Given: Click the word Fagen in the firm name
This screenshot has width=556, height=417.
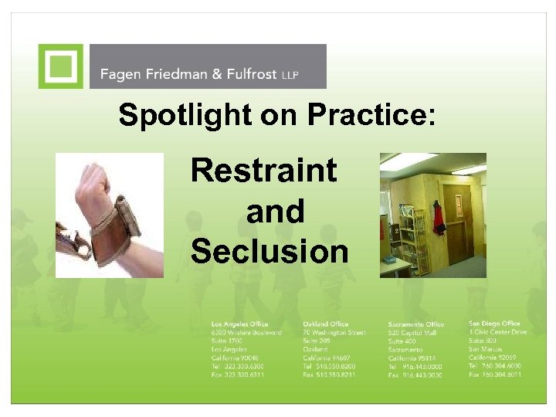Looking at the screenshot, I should click(x=120, y=76).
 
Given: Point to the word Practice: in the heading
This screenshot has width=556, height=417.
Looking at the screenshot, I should click(x=371, y=116).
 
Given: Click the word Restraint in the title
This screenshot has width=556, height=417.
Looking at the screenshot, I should click(x=263, y=170).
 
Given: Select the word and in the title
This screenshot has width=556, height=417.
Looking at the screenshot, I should click(x=275, y=211).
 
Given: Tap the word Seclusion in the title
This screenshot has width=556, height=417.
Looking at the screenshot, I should click(x=269, y=251).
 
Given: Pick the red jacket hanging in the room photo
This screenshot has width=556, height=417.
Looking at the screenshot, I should click(x=439, y=217).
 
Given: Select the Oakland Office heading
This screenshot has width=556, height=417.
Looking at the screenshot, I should click(x=326, y=324).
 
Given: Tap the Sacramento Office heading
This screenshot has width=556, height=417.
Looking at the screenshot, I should click(x=416, y=324).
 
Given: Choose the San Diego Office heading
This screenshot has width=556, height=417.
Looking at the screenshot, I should click(x=494, y=323).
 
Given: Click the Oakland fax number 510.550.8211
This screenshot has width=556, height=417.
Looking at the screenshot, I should click(x=330, y=375).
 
